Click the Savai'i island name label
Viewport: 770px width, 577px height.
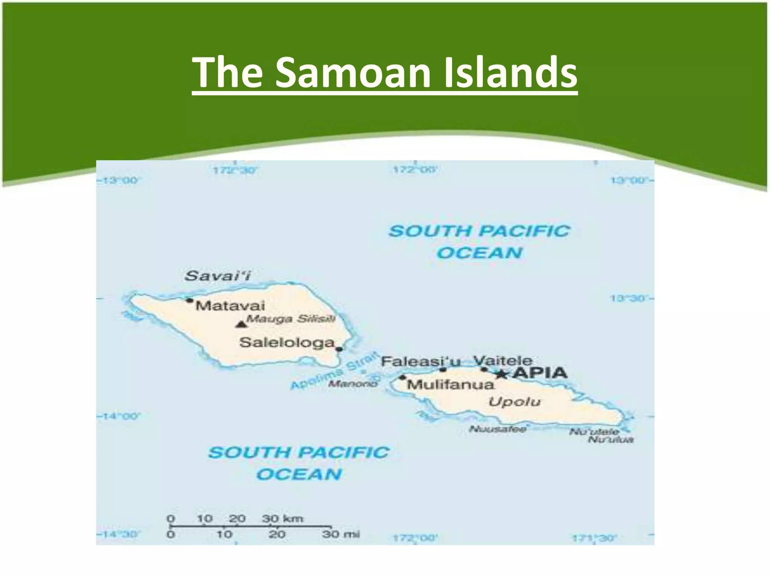(x=218, y=276)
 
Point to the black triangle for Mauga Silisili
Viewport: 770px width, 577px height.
(x=240, y=324)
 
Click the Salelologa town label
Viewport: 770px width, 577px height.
(x=287, y=342)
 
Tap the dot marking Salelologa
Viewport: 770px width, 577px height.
(x=339, y=349)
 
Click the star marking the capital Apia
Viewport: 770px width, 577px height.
(x=501, y=374)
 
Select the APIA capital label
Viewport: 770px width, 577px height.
(x=540, y=373)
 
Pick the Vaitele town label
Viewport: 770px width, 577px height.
(x=503, y=361)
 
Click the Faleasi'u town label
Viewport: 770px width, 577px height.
(x=421, y=362)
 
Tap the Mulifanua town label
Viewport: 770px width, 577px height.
(x=450, y=384)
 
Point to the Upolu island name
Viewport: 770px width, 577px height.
(x=514, y=402)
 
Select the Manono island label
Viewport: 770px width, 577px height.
(x=353, y=384)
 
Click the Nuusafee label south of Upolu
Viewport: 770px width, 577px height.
(x=497, y=429)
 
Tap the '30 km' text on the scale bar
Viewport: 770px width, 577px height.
(x=282, y=519)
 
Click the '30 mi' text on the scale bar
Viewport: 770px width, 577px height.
(x=341, y=534)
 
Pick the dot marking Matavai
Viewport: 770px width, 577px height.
(x=190, y=300)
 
